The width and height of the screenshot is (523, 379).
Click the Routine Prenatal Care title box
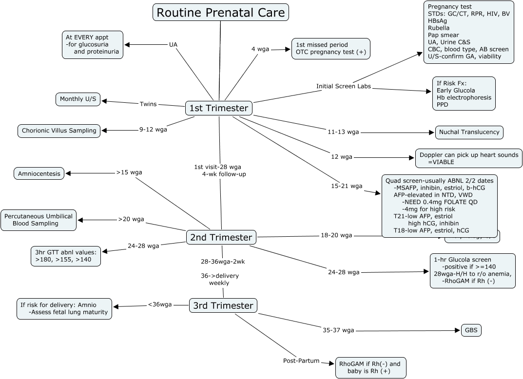coord(220,12)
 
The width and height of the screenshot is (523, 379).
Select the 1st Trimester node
coord(219,108)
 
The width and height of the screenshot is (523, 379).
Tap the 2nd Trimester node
coord(221,237)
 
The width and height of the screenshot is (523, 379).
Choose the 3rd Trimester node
coord(223,305)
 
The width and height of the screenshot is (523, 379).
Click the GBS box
coord(471,330)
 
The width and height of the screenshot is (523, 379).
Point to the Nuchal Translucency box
coord(469,132)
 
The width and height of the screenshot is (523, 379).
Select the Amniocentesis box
coord(39,173)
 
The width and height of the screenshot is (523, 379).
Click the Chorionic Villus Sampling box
coord(59,131)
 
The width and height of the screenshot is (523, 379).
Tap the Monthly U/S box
coord(78,99)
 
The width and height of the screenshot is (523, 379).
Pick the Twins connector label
coord(148,104)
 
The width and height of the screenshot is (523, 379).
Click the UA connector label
coord(173,44)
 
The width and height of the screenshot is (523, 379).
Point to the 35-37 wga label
coord(338,330)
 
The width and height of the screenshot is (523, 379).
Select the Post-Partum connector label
coord(301,360)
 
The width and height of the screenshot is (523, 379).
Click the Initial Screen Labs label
coord(343,86)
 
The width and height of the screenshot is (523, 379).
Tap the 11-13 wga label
coord(343,132)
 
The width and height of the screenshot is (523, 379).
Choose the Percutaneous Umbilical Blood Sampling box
coord(39,220)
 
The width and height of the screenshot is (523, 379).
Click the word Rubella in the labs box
coord(439,28)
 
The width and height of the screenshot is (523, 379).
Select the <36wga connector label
coord(160,305)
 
